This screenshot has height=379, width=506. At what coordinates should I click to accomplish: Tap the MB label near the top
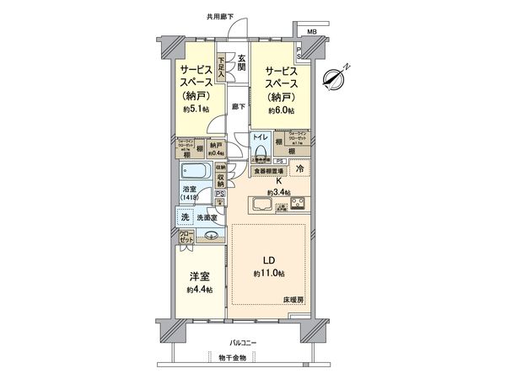click(312, 32)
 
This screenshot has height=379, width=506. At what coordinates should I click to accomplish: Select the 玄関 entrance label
click(241, 61)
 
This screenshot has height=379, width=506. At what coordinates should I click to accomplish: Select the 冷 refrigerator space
click(299, 170)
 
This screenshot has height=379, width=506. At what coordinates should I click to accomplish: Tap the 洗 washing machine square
click(184, 217)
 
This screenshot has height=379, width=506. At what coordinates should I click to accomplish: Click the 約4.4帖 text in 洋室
click(201, 290)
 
